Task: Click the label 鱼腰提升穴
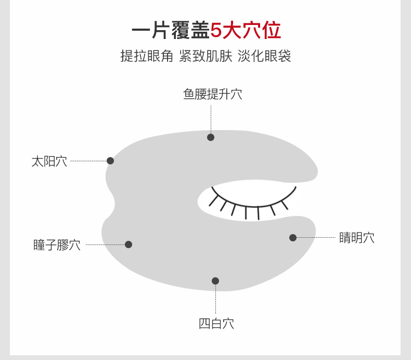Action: click(212, 94)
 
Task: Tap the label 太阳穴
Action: click(49, 161)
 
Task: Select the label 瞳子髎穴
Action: click(57, 245)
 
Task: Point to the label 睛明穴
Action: click(356, 238)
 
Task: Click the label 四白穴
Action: click(216, 323)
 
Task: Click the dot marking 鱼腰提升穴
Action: click(211, 137)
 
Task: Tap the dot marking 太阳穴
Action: click(110, 161)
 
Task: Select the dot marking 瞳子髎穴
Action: click(129, 245)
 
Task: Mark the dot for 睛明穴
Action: click(293, 238)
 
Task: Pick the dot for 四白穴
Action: click(215, 281)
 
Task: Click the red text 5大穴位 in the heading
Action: click(246, 30)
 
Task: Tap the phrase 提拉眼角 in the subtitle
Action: click(147, 56)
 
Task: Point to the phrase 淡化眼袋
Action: click(264, 56)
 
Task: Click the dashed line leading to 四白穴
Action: click(215, 301)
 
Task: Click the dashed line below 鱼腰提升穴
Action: click(211, 119)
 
